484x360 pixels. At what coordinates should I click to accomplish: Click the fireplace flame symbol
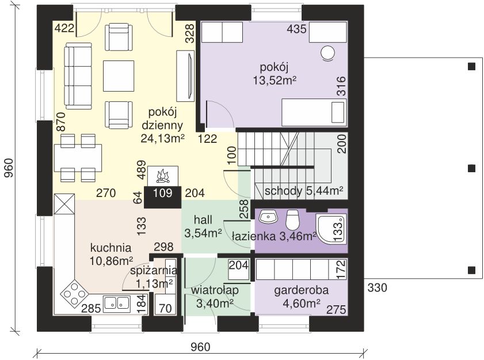163,176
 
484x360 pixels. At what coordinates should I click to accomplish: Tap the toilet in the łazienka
292,219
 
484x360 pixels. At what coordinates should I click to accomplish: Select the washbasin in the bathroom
268,217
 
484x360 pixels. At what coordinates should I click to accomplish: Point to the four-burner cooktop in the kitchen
74,293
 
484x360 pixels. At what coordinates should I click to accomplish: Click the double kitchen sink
116,302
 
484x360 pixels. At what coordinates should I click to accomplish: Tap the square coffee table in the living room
119,76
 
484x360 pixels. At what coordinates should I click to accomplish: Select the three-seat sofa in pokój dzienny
78,76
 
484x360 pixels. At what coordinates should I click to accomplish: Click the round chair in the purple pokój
327,53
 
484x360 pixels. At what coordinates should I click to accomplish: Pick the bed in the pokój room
314,112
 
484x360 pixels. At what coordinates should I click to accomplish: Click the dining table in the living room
78,158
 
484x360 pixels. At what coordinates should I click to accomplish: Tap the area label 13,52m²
274,80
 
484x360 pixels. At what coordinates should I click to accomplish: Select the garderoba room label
301,290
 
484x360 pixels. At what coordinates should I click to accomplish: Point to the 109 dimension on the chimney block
162,193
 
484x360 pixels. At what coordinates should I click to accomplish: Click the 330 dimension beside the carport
377,287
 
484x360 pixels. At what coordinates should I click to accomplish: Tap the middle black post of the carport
471,168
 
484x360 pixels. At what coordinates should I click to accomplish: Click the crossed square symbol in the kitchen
64,204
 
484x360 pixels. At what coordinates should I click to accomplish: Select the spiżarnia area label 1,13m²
154,283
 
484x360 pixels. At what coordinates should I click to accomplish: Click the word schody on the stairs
283,191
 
